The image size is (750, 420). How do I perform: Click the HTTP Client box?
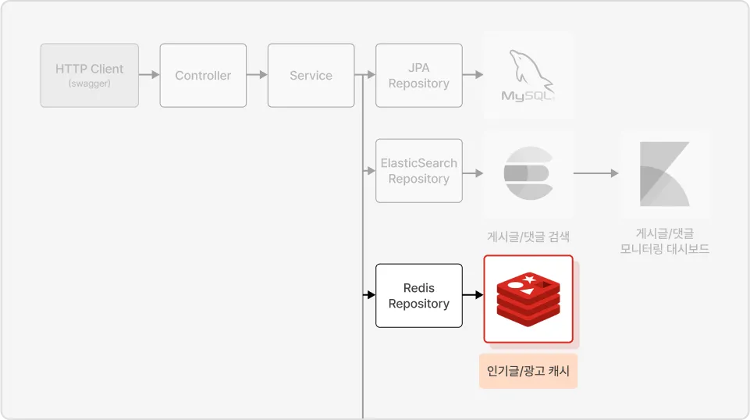(x=89, y=75)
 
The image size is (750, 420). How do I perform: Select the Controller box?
(x=203, y=75)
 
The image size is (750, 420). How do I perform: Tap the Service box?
(x=311, y=75)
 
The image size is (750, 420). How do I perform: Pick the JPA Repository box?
(x=418, y=75)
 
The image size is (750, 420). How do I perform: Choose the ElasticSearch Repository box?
(x=418, y=171)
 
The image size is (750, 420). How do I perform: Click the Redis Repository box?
(x=418, y=295)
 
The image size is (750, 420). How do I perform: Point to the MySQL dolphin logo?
(x=528, y=75)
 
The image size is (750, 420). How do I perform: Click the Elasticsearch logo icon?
(x=528, y=173)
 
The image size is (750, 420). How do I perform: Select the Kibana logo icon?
(x=664, y=173)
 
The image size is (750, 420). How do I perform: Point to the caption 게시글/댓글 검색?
(x=528, y=237)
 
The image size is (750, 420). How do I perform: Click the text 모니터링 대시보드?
(x=664, y=249)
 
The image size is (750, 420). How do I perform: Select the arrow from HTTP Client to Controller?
(x=149, y=75)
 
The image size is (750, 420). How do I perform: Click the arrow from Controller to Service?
(x=257, y=75)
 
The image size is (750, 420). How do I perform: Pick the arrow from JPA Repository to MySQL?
(x=473, y=75)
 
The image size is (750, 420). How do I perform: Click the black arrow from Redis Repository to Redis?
(x=473, y=295)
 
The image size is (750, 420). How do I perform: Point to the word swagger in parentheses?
(x=89, y=84)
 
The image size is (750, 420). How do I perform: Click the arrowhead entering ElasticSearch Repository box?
(x=371, y=171)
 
